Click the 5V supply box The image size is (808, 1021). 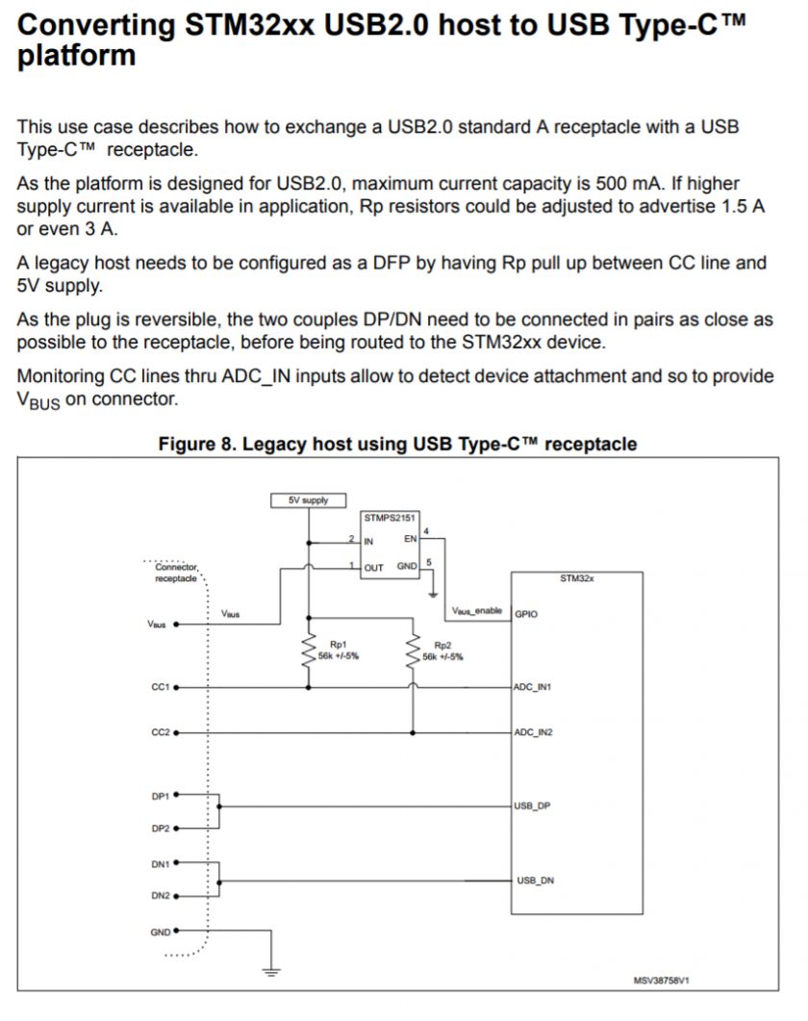308,500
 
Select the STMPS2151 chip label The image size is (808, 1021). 390,518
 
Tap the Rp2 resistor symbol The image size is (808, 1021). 413,651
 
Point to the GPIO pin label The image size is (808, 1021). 526,614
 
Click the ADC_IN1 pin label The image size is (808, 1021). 532,687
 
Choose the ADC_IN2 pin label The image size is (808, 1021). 533,732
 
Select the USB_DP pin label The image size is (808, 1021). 532,806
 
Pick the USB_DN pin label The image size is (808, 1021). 535,881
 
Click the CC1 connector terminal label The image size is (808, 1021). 161,687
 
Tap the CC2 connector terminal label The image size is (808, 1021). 161,732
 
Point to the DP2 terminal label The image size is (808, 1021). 161,829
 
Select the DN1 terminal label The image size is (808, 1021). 161,864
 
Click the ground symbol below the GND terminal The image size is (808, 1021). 271,973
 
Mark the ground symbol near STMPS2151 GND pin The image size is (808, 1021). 433,595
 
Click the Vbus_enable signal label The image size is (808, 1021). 477,611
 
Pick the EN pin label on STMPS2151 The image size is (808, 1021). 410,539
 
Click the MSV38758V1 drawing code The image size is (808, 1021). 661,980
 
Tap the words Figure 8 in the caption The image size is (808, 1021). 196,444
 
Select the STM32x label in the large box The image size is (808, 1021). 577,578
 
